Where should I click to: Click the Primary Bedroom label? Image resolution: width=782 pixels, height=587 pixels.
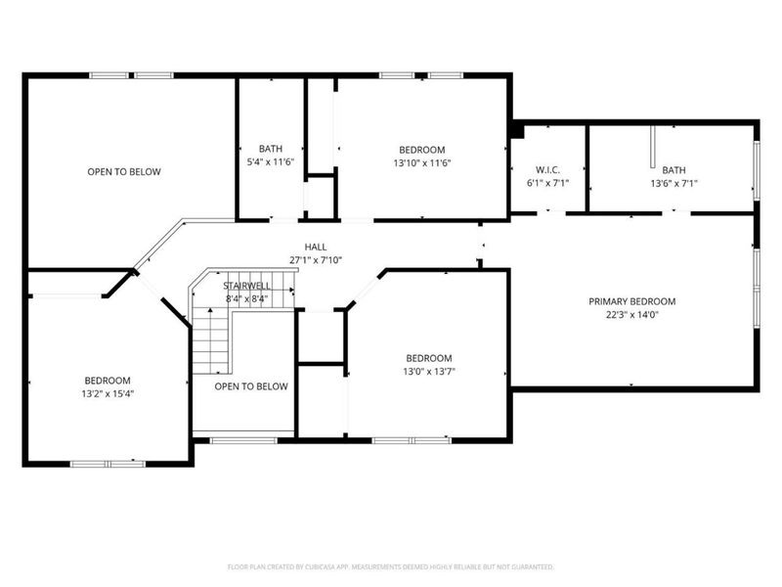[631, 301]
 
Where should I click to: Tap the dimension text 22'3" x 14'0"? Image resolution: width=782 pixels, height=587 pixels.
[631, 315]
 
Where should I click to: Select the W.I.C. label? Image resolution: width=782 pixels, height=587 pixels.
[546, 169]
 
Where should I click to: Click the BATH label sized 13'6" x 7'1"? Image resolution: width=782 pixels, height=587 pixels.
[673, 169]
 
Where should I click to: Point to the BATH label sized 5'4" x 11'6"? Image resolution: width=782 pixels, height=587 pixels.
[271, 149]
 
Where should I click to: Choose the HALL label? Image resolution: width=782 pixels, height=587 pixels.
[316, 247]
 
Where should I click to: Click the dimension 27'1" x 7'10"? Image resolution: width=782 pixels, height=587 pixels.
[316, 260]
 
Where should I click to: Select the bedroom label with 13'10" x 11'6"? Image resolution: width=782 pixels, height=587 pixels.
[421, 149]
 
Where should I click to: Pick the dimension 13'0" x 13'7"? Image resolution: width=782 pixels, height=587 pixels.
[429, 371]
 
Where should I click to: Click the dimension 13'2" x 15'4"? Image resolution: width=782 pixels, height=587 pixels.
[107, 393]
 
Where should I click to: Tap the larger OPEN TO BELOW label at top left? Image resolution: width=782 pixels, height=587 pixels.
[124, 171]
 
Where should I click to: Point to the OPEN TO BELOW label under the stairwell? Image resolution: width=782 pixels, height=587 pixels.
[251, 385]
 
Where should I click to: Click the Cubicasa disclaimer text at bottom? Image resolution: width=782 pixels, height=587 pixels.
[391, 566]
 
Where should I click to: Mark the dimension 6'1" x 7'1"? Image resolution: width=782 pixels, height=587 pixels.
[546, 183]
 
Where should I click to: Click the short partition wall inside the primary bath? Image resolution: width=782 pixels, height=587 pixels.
[652, 147]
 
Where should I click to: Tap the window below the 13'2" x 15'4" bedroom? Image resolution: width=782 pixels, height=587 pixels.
[108, 463]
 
